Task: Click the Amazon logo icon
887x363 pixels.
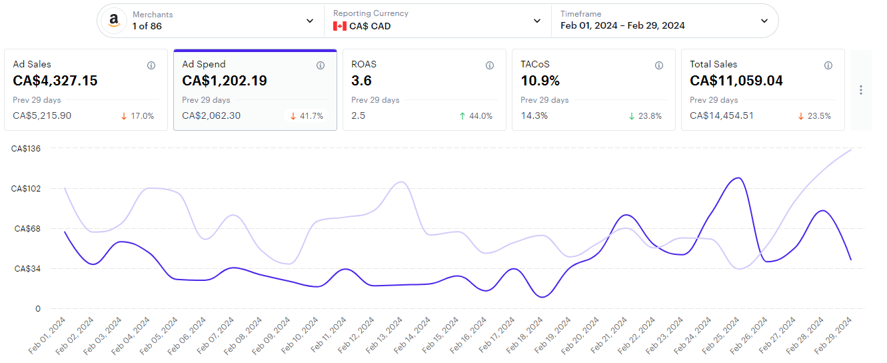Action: (114, 21)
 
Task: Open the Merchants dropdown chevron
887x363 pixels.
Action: (310, 21)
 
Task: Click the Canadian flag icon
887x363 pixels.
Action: (340, 26)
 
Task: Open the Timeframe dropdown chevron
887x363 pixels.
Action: (764, 21)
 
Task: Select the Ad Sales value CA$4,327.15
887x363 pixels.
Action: (55, 81)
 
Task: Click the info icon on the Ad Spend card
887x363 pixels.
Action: (321, 65)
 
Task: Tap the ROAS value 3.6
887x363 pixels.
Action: (362, 81)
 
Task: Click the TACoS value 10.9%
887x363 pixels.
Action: (540, 81)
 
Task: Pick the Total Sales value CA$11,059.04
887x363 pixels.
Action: (736, 81)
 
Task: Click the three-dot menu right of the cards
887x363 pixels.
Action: (861, 89)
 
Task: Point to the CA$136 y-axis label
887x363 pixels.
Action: (27, 148)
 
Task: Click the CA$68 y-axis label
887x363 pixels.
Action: (28, 228)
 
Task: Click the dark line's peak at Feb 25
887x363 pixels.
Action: (737, 178)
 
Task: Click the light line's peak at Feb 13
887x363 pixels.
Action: (401, 181)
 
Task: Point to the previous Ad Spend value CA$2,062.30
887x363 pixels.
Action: (211, 115)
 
